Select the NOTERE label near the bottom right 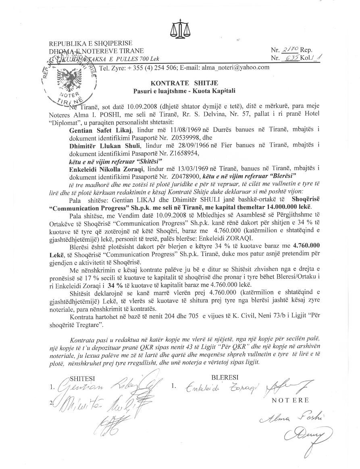(290, 400)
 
